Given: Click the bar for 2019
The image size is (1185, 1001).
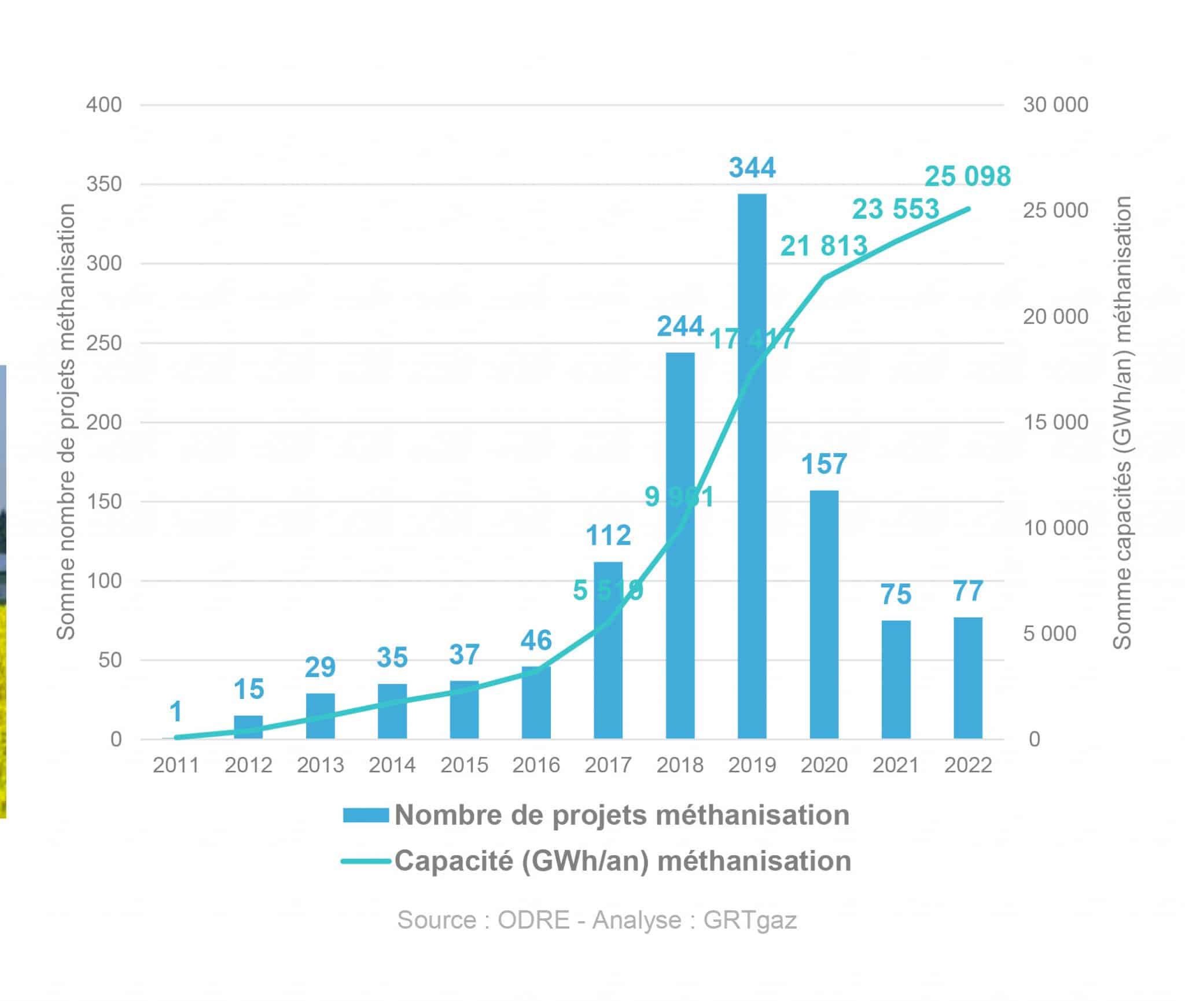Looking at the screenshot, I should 752,521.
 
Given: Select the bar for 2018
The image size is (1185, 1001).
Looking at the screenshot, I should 680,579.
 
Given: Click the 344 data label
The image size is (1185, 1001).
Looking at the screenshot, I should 752,168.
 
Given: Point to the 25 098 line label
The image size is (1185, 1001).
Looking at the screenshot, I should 967,176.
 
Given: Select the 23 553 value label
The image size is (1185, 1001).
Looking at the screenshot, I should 896,209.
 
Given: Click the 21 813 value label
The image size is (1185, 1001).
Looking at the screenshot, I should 824,246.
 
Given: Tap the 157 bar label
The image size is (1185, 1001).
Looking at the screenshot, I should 824,464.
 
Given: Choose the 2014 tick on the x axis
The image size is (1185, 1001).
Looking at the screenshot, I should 392,766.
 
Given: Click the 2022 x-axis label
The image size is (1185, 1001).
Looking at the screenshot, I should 968,766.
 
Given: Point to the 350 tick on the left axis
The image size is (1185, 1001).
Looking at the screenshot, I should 104,185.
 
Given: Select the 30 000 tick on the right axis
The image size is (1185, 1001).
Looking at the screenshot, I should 1056,105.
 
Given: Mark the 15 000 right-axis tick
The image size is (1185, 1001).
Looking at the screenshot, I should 1056,422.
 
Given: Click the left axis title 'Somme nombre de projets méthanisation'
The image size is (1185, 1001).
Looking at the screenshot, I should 66,422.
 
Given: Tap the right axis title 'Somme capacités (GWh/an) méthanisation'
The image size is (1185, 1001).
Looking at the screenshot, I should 1123,422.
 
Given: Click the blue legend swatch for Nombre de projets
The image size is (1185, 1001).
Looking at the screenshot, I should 366,815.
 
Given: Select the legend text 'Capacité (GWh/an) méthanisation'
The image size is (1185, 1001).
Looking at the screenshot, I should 623,861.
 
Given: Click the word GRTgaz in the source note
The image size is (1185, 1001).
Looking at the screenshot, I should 750,920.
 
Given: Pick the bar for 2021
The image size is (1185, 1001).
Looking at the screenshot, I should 896,679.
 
